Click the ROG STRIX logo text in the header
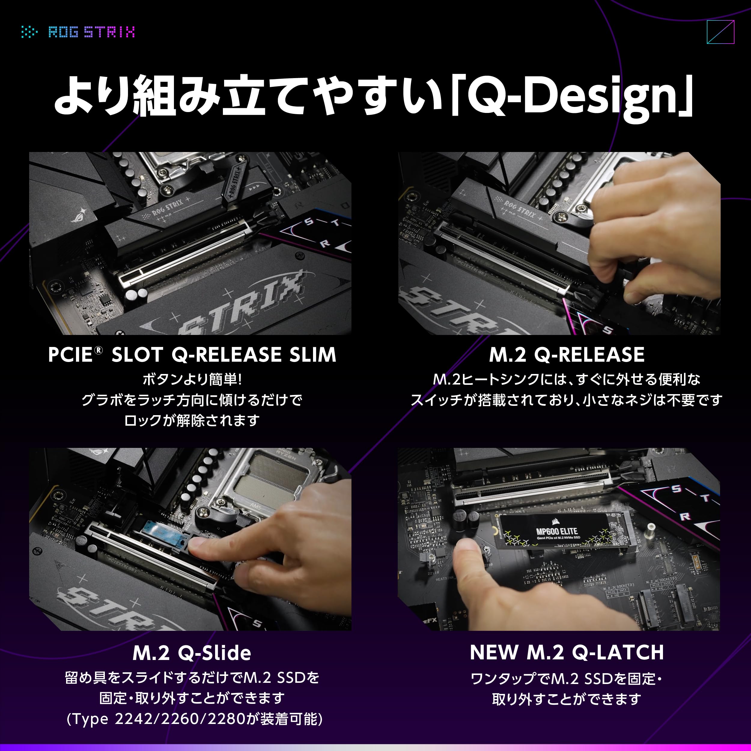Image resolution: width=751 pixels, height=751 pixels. coord(92,32)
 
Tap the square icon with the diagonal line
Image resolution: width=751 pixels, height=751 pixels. coord(720,32)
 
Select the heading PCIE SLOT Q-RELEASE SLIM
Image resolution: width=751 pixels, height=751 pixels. coord(192,354)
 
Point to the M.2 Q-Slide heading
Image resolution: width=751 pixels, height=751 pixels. coord(192,653)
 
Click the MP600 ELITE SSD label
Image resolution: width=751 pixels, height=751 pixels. coord(557,531)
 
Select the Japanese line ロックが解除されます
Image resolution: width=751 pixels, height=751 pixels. coord(192,420)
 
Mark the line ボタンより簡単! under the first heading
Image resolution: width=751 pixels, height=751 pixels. coord(192,379)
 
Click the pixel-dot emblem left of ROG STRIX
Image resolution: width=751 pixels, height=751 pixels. coord(29,32)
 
